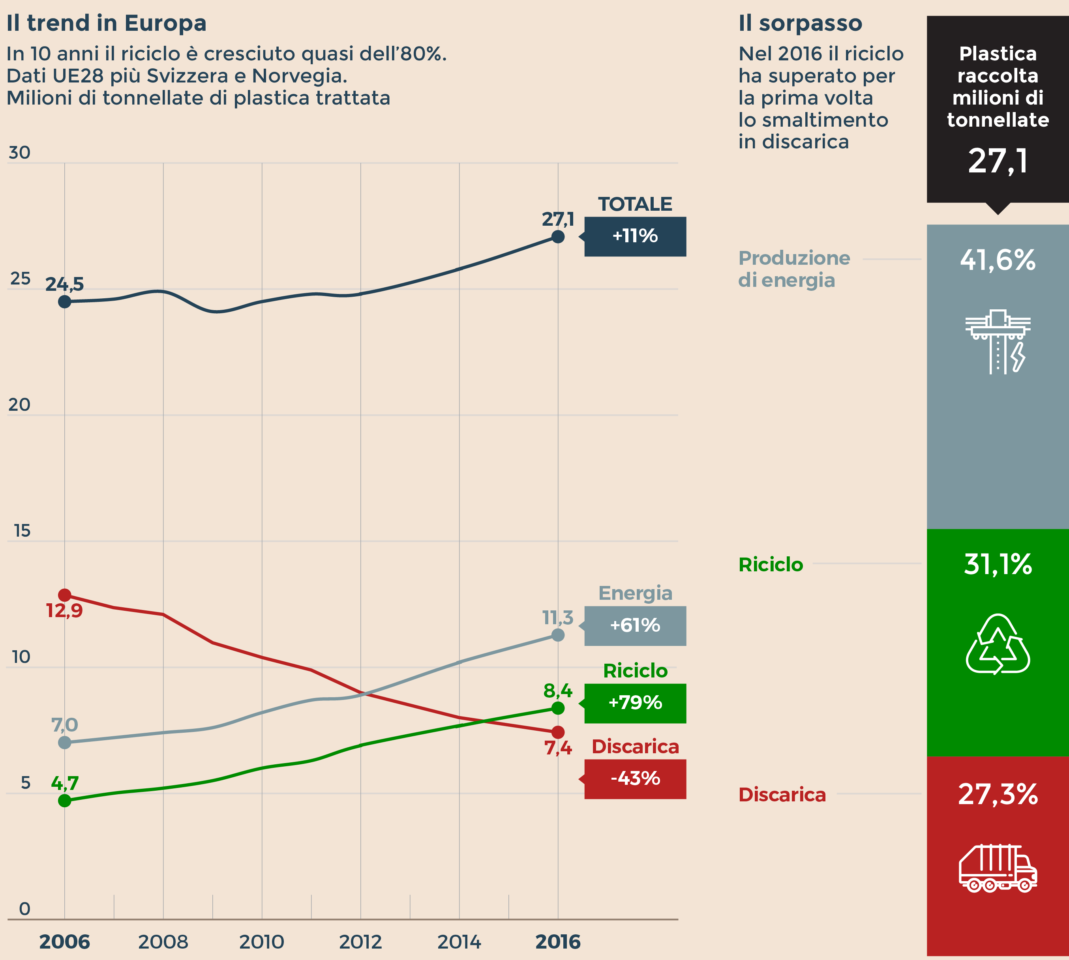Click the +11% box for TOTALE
tap(635, 236)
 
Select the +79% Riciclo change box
tap(635, 703)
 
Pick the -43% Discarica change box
tap(635, 778)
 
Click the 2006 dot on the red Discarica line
tap(64, 595)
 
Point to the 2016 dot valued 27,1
tap(558, 236)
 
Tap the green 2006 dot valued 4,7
tap(64, 801)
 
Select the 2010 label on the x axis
tap(262, 942)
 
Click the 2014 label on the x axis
tap(459, 942)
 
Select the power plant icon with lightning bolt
tap(998, 341)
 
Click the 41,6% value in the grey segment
tap(998, 260)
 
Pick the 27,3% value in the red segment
tap(998, 794)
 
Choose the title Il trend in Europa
tap(107, 23)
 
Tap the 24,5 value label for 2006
tap(64, 284)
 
